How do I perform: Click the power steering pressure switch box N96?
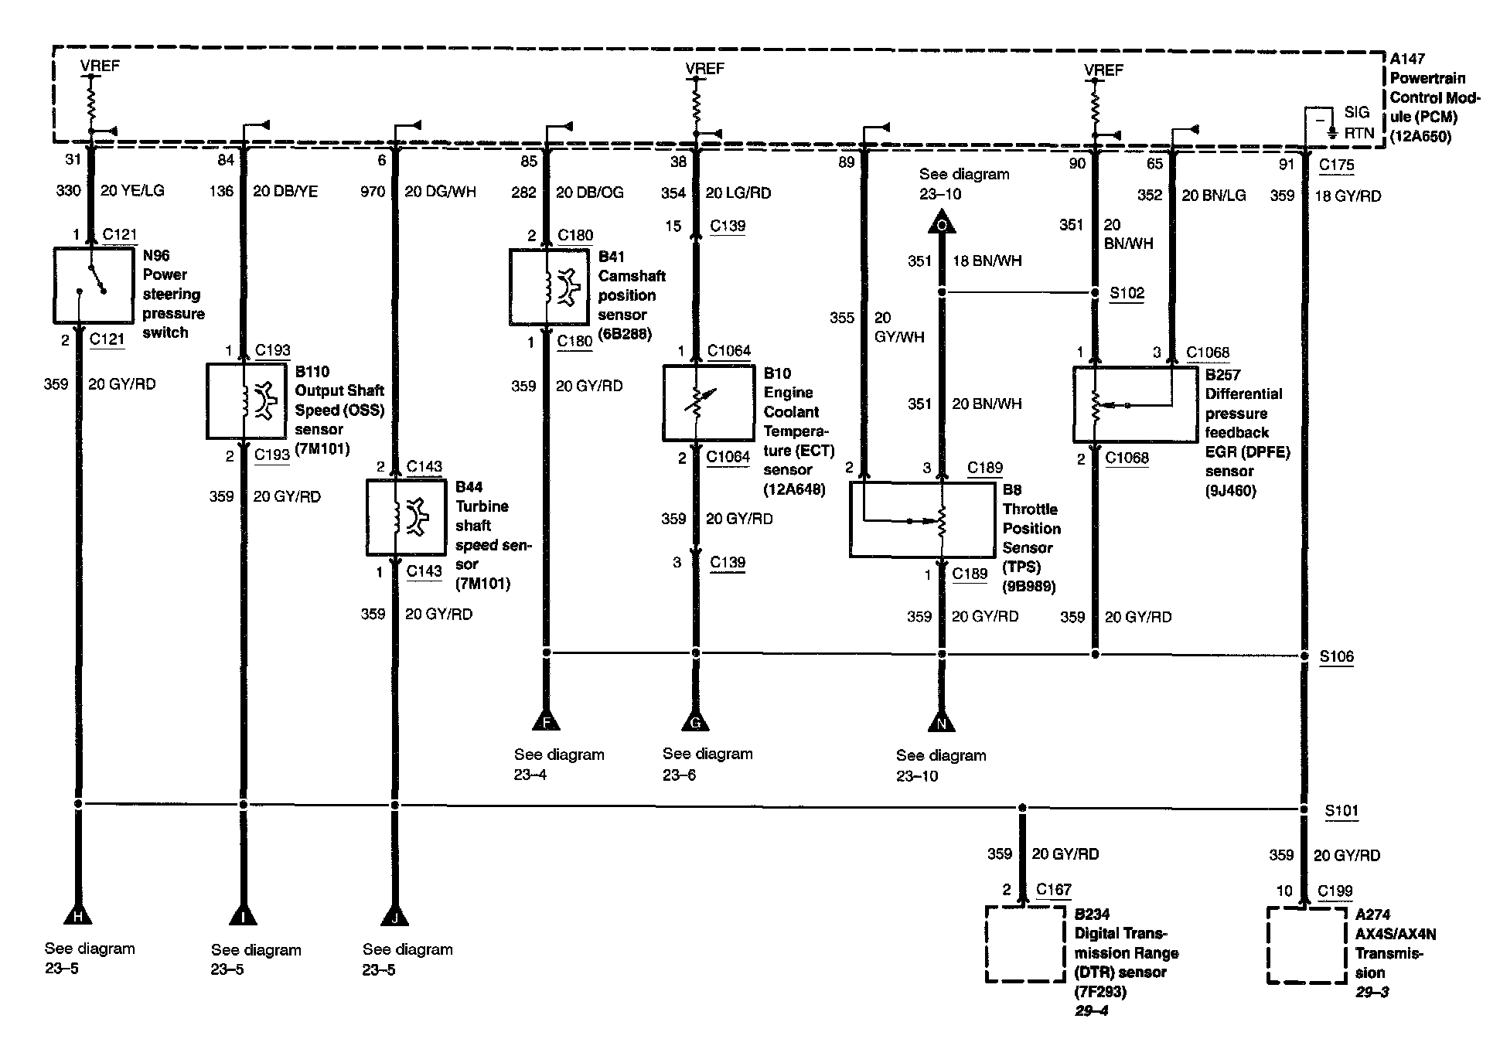coord(92,285)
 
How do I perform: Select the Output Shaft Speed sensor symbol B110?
coord(246,401)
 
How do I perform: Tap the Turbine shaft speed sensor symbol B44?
coord(406,517)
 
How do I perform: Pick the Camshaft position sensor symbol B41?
coord(549,286)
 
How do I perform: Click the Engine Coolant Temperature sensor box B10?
coord(707,403)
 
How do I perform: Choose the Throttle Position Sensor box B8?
coord(922,519)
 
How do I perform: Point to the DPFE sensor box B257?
coord(1134,404)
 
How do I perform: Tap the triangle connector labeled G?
coord(695,721)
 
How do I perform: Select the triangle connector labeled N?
coord(941,722)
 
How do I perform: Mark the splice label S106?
coord(1336,656)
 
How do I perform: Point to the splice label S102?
coord(1127,293)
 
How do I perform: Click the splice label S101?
coord(1341,810)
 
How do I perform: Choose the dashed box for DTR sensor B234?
coord(1025,944)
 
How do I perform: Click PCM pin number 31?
coord(73,159)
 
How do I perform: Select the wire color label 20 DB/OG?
coord(589,192)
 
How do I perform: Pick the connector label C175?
coord(1336,165)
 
